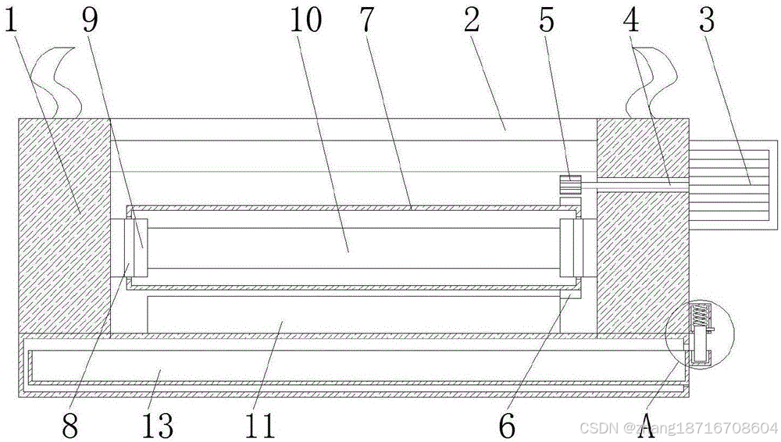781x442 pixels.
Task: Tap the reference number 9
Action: pyautogui.click(x=91, y=21)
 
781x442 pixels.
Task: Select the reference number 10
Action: pyautogui.click(x=307, y=21)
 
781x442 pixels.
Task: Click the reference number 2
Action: pyautogui.click(x=471, y=21)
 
